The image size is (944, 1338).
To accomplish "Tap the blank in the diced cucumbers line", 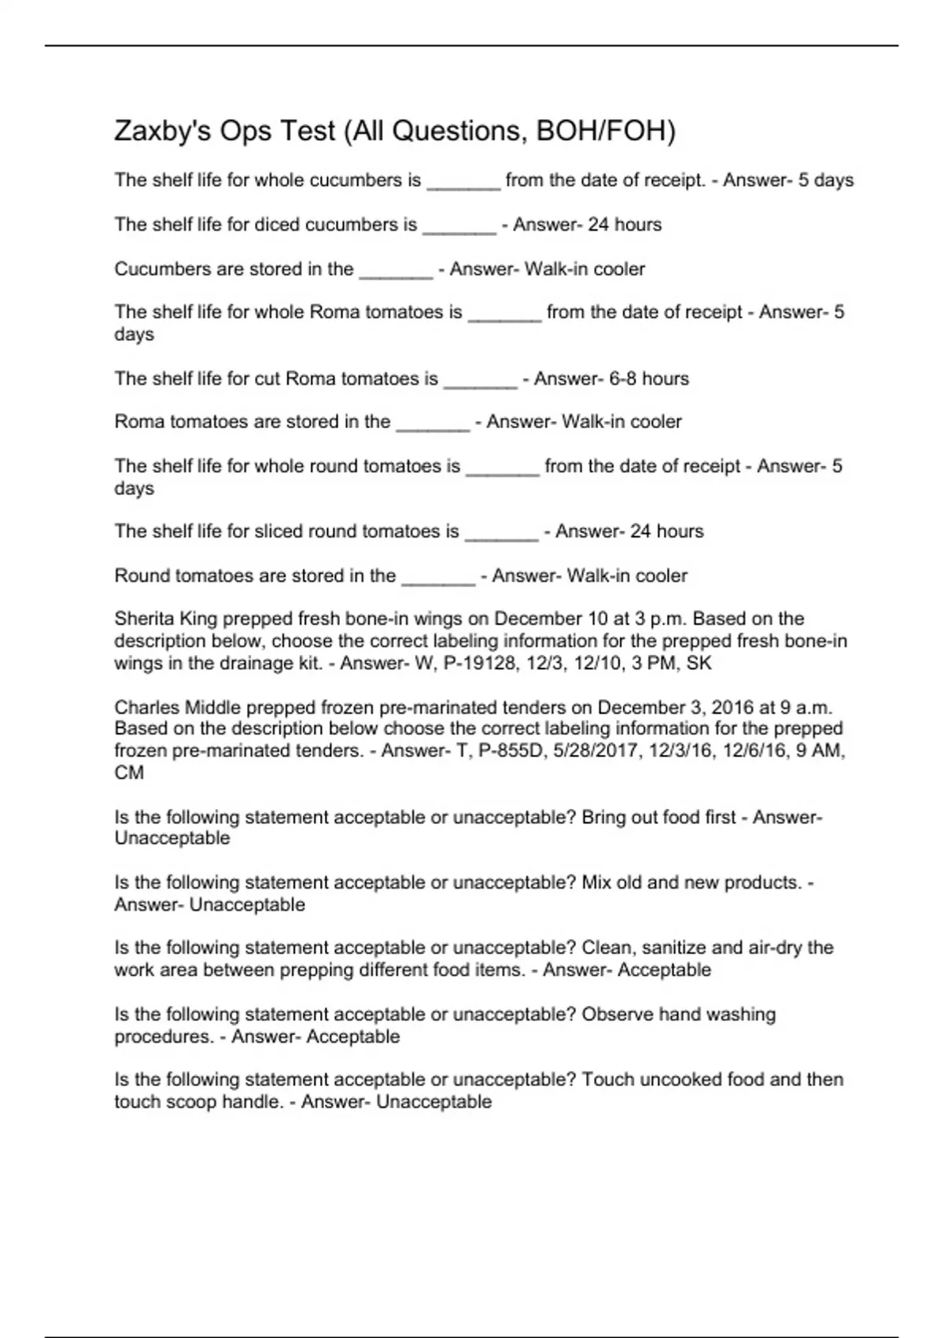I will [x=459, y=226].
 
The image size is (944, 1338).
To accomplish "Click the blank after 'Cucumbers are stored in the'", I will [x=396, y=270].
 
